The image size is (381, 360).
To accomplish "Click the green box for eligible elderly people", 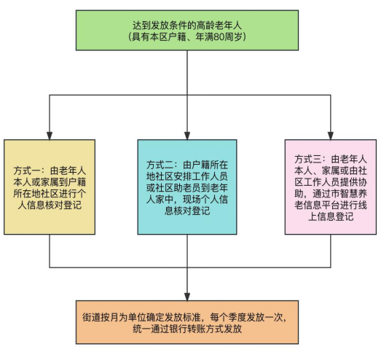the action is click(187, 31).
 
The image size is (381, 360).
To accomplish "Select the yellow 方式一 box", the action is click(50, 187).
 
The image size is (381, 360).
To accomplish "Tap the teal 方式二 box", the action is click(187, 187).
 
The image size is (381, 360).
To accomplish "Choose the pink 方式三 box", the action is click(331, 187).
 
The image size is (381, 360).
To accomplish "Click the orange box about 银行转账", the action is click(187, 322).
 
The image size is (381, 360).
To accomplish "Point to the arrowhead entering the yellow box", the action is click(50, 136).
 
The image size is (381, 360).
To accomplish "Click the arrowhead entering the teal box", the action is click(187, 136).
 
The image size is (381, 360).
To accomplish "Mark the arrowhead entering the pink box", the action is click(331, 136).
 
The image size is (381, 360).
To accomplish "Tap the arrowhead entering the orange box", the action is click(187, 297).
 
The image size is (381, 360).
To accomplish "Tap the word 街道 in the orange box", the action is click(91, 318).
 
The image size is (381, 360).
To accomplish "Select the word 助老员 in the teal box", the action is click(187, 188).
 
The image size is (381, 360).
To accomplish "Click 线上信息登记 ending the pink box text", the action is click(335, 211).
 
